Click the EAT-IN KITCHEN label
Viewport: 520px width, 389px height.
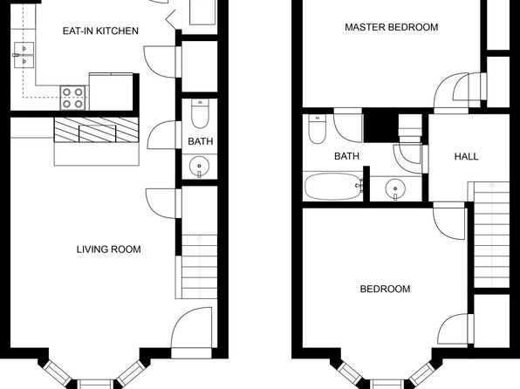(x=100, y=31)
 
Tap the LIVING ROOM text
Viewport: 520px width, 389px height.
(x=109, y=249)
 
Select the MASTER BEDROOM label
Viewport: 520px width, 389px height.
(x=392, y=27)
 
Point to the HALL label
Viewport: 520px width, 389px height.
(x=466, y=156)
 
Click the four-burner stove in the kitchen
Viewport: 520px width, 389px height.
(x=72, y=98)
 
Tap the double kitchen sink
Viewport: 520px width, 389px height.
(x=24, y=55)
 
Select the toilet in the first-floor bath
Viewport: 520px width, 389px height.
(x=200, y=113)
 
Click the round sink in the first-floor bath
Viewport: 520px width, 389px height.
(x=199, y=167)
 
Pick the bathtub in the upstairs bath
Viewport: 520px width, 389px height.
(x=333, y=187)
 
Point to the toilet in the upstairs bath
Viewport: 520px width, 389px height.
(x=317, y=129)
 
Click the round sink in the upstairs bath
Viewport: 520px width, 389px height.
(x=395, y=189)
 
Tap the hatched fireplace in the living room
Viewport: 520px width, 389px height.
(x=96, y=130)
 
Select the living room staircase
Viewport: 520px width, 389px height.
(x=199, y=266)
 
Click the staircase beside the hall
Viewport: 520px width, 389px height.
(x=492, y=235)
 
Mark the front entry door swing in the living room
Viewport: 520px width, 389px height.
(x=191, y=328)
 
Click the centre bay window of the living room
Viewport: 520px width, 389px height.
(x=95, y=385)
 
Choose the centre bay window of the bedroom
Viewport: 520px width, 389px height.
(x=387, y=385)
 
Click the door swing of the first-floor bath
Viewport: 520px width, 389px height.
(x=162, y=135)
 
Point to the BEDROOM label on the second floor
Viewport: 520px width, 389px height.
(x=385, y=290)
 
